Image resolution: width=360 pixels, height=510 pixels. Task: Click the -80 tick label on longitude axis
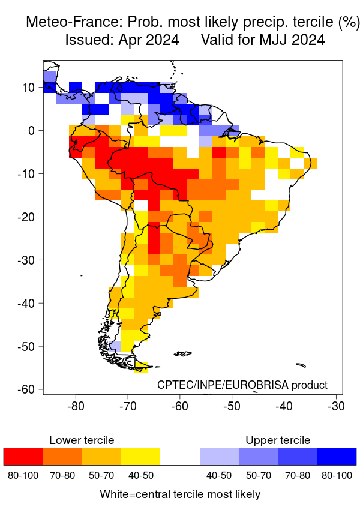click(76, 406)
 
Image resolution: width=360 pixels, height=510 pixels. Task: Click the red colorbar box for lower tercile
click(23, 456)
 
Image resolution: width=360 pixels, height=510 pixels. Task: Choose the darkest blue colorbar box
click(337, 456)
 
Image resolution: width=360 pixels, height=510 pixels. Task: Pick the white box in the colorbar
click(180, 456)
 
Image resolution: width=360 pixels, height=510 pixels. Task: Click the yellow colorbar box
click(140, 456)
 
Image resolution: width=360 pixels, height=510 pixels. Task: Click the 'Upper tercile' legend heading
click(278, 440)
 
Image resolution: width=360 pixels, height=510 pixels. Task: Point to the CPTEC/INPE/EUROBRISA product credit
click(242, 385)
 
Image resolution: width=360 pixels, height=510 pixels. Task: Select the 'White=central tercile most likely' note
click(180, 494)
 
